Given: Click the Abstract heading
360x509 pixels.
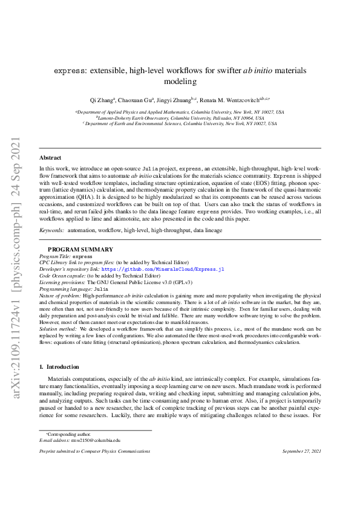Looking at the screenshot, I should pyautogui.click(x=50, y=157).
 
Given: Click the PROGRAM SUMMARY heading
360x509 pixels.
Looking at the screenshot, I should pyautogui.click(x=80, y=249).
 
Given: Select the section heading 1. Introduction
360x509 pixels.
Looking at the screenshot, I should pyautogui.click(x=59, y=366).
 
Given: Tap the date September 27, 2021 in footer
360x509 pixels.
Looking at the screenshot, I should pyautogui.click(x=301, y=452).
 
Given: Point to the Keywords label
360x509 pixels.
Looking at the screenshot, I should pyautogui.click(x=51, y=230).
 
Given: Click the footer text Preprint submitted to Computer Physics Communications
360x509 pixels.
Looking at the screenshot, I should pyautogui.click(x=95, y=452).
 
